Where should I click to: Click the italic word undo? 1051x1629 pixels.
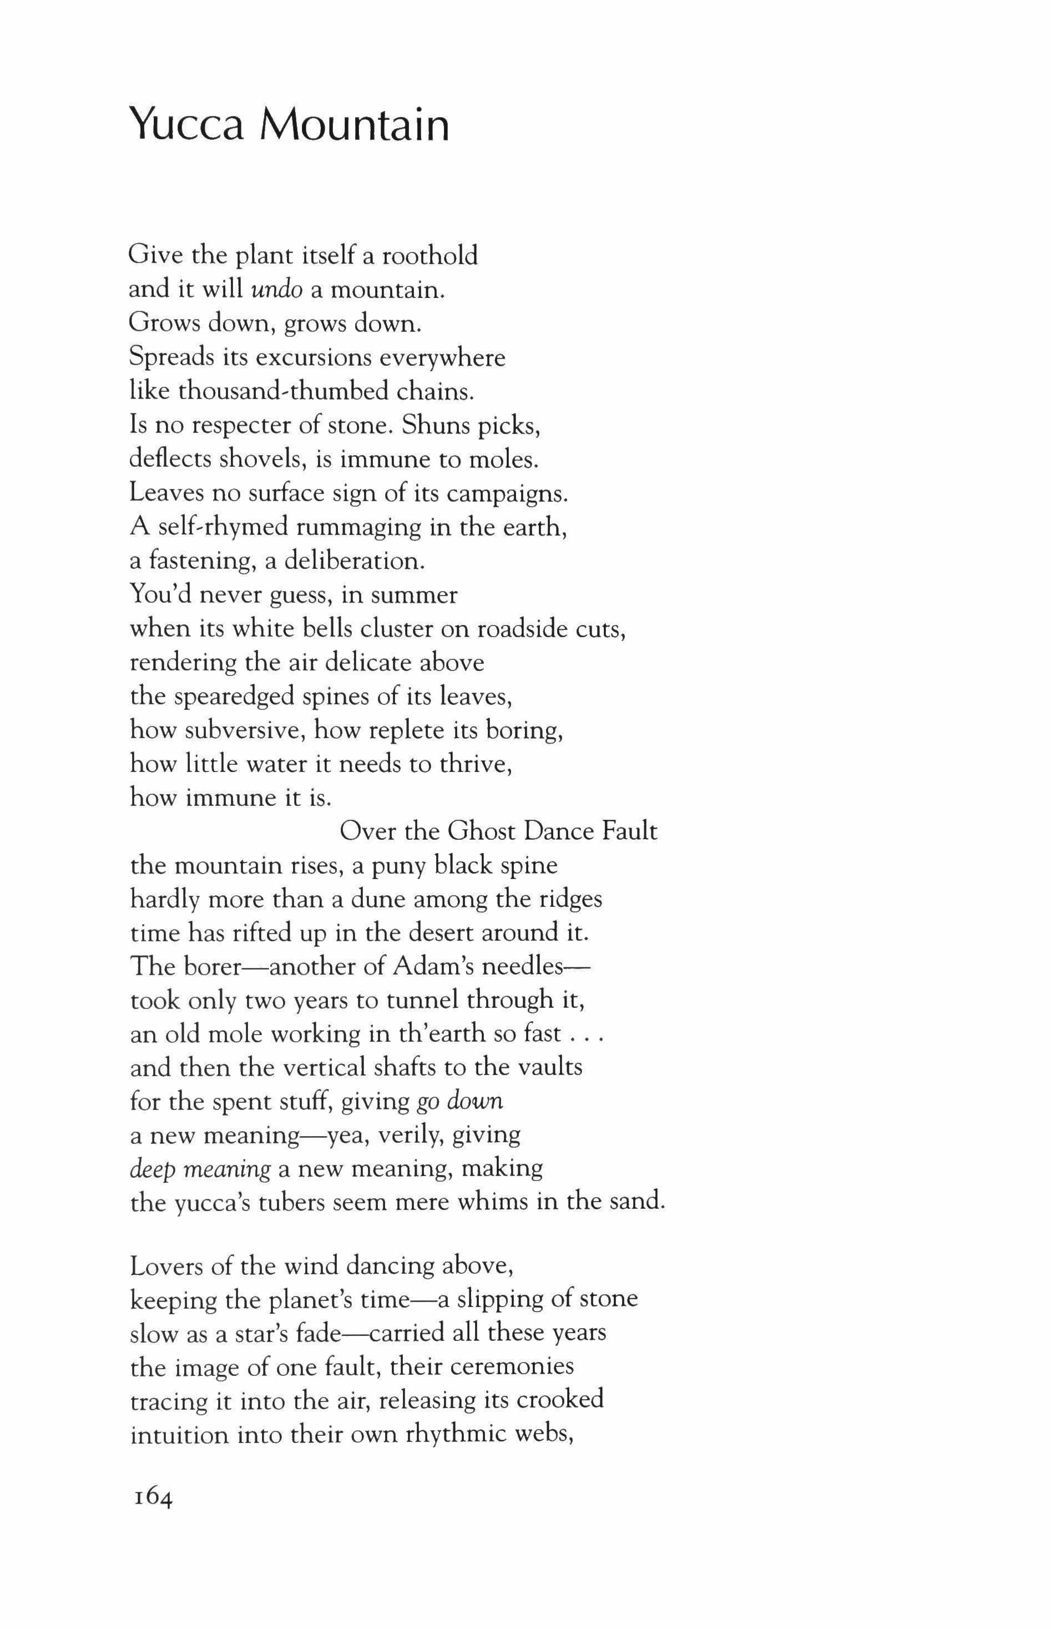(277, 290)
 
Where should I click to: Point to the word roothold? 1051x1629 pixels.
(430, 256)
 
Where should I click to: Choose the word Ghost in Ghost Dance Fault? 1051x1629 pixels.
(481, 831)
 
